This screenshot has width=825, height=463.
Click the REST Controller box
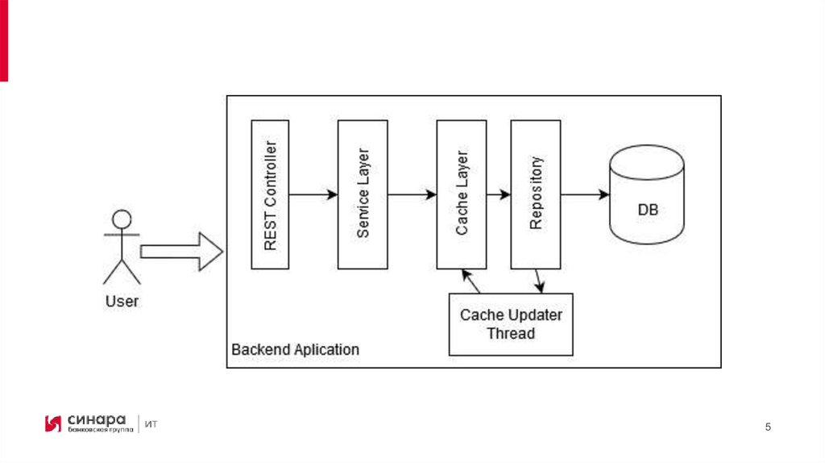(270, 194)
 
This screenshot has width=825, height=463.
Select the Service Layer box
(363, 194)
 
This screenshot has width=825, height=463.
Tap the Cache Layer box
(462, 194)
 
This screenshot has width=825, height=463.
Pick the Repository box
(536, 194)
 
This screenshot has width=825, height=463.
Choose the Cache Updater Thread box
(511, 324)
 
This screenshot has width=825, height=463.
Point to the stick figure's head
(122, 219)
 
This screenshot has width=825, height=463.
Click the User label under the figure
(122, 302)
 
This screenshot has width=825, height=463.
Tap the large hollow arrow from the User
(180, 252)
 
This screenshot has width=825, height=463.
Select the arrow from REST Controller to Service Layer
(313, 194)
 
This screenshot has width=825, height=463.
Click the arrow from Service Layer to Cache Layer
(412, 194)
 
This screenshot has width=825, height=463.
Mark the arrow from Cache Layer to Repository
(499, 194)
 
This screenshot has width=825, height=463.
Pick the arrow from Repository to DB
(585, 194)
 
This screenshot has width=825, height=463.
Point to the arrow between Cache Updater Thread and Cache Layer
(470, 281)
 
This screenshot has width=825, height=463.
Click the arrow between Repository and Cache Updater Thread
(539, 281)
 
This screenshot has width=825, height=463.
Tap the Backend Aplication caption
(295, 350)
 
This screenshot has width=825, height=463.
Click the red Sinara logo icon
(53, 423)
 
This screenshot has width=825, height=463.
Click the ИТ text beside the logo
(151, 424)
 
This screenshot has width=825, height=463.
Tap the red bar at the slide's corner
(4, 40)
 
